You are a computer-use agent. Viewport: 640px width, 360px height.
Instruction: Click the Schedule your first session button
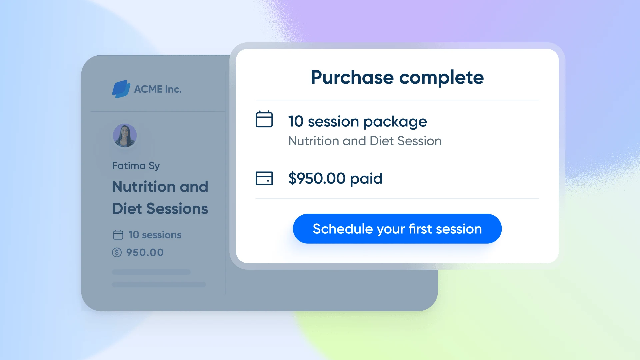click(x=397, y=229)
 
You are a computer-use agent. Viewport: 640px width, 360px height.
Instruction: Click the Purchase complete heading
click(x=397, y=77)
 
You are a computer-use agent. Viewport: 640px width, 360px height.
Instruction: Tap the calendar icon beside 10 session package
click(x=264, y=119)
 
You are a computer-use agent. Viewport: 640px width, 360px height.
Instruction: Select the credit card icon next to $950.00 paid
click(x=264, y=178)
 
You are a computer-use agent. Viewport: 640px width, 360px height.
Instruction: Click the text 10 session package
click(x=357, y=121)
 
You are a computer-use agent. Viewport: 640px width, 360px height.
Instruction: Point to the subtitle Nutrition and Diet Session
click(x=365, y=141)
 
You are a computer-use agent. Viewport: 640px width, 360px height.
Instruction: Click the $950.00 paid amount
click(x=335, y=178)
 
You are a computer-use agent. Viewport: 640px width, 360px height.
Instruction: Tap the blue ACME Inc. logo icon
click(x=121, y=89)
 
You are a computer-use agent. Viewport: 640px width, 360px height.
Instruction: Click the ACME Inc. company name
click(x=158, y=89)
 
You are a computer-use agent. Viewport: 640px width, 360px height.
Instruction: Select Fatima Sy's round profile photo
click(x=125, y=136)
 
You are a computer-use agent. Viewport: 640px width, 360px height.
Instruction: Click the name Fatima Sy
click(x=136, y=166)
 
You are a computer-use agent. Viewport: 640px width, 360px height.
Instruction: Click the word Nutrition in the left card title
click(x=144, y=186)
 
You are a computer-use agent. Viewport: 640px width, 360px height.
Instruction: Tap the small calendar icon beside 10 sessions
click(x=118, y=235)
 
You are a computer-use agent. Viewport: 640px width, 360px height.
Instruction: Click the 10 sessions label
click(x=155, y=235)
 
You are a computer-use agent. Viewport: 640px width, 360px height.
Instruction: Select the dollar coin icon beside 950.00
click(x=117, y=252)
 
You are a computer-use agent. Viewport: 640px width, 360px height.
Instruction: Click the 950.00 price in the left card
click(x=145, y=253)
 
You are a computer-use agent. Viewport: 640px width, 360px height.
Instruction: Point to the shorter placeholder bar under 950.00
click(x=151, y=272)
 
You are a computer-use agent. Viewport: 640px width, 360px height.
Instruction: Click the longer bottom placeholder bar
click(x=159, y=284)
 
